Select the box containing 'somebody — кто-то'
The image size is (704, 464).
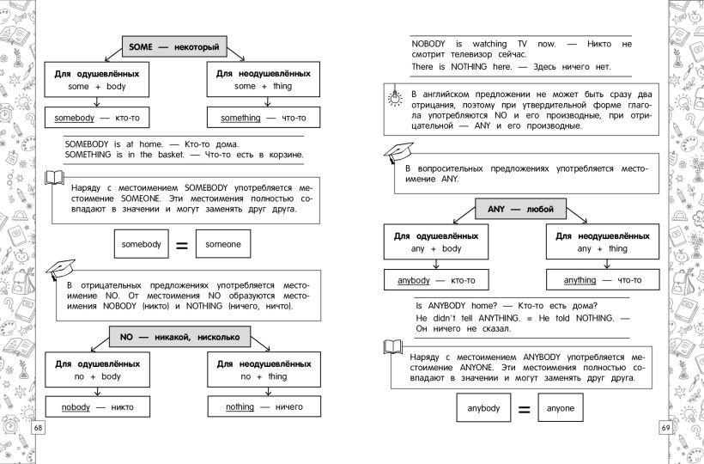pos(96,116)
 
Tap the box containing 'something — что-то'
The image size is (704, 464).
pos(264,116)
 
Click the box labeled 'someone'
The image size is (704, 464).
pos(223,245)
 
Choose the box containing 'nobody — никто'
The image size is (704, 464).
pos(95,407)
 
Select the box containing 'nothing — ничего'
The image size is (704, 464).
pos(264,407)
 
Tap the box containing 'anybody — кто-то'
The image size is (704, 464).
pos(436,280)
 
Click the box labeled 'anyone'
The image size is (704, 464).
pos(560,408)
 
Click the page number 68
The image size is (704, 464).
pos(36,427)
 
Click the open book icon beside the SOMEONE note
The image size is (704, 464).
pos(54,179)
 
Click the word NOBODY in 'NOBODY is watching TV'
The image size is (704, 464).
pos(428,43)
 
